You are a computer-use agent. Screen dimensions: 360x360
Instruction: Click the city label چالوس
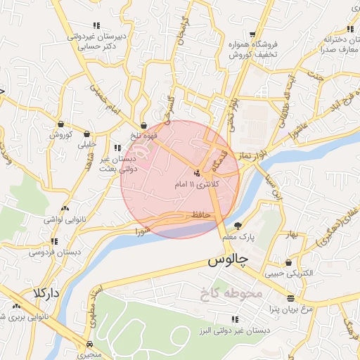(229, 260)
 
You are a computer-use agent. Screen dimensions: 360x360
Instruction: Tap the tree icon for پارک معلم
(238, 226)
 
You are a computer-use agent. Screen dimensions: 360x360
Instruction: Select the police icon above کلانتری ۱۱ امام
(198, 172)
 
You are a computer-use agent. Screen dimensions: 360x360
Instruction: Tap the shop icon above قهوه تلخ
(143, 125)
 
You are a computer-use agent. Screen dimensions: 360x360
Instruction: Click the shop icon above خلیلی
(86, 133)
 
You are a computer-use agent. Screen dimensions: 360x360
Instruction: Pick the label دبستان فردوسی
(50, 251)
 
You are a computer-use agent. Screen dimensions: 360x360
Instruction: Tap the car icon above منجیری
(89, 344)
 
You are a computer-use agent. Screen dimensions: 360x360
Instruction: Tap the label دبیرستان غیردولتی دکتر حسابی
(96, 41)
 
